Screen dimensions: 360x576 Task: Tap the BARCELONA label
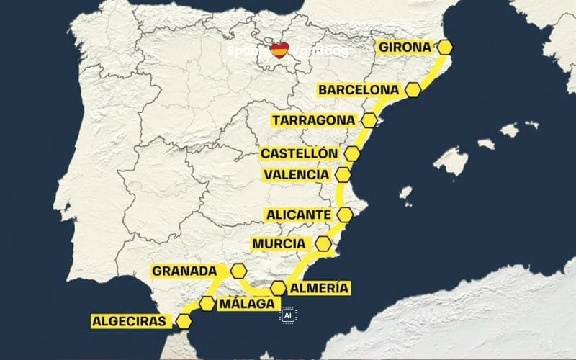pyautogui.click(x=359, y=90)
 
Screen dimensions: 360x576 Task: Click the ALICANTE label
pyautogui.click(x=299, y=215)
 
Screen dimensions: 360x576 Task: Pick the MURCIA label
pyautogui.click(x=279, y=244)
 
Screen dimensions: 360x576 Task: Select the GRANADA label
pyautogui.click(x=184, y=271)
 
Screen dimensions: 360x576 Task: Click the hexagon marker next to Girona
pyautogui.click(x=446, y=48)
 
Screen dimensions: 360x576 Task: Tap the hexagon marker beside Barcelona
pyautogui.click(x=413, y=90)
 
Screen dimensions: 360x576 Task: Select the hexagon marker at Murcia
pyautogui.click(x=323, y=243)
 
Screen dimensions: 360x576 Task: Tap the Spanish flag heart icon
pyautogui.click(x=279, y=51)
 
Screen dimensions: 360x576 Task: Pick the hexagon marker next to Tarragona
pyautogui.click(x=369, y=120)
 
